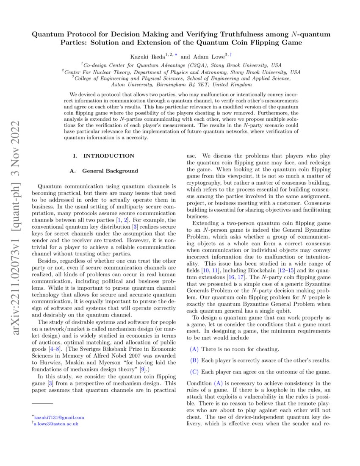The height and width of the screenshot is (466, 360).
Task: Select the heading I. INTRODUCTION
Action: (x=104, y=156)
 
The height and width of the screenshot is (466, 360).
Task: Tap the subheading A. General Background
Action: (x=104, y=171)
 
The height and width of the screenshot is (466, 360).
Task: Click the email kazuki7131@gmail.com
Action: (x=59, y=417)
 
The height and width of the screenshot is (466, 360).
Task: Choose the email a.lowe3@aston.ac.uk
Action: (x=57, y=423)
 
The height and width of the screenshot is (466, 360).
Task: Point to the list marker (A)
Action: (x=194, y=349)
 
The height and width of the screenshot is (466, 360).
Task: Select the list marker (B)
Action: (x=194, y=361)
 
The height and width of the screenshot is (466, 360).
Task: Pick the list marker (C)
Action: (x=194, y=372)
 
